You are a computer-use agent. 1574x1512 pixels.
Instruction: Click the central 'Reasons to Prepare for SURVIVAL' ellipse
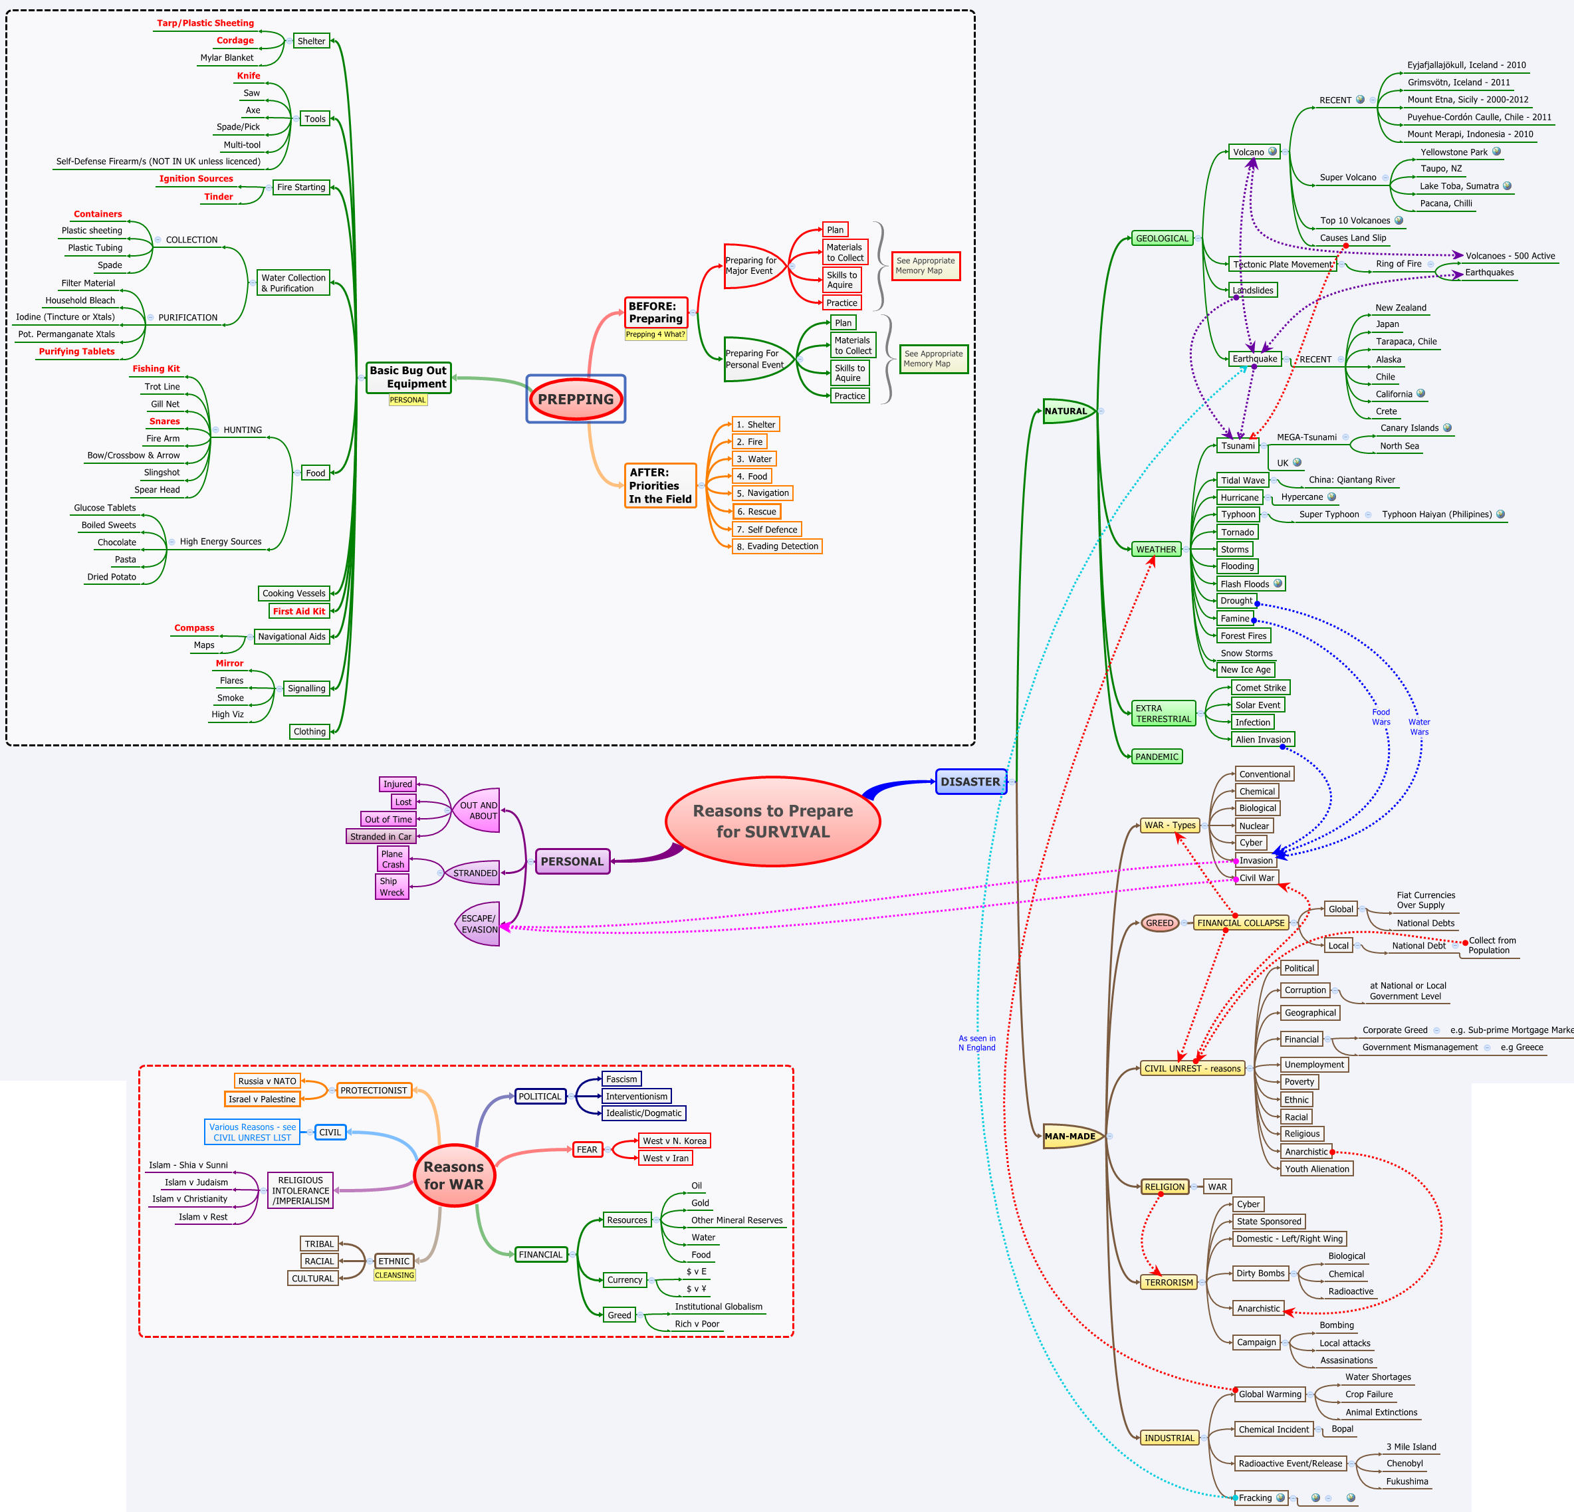[x=772, y=821]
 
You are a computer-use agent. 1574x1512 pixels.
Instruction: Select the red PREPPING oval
[x=576, y=399]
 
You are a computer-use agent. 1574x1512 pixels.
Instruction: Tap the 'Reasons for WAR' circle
[x=454, y=1176]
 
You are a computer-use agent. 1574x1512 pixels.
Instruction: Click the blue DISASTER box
[x=970, y=782]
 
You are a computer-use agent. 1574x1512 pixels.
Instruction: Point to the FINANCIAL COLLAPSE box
[x=1241, y=922]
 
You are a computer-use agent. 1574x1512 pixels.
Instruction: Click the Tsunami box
[x=1238, y=446]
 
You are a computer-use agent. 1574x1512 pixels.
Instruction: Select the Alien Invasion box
[x=1263, y=740]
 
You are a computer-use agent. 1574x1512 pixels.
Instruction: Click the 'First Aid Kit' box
[x=298, y=611]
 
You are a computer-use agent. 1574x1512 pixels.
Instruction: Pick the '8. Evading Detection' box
[x=778, y=546]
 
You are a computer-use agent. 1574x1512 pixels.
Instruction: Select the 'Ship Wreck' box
[x=392, y=887]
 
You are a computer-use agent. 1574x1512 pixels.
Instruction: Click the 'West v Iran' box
[x=665, y=1158]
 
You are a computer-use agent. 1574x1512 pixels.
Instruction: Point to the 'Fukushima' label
[x=1407, y=1481]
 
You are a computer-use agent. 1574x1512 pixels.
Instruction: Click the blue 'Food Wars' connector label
[x=1381, y=717]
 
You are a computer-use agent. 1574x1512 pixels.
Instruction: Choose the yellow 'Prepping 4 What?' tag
[x=655, y=335]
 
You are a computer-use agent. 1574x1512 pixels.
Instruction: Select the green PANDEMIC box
[x=1157, y=756]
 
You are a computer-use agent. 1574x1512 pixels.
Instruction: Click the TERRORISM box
[x=1169, y=1282]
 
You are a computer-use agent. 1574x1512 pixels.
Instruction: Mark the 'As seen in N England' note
[x=976, y=1043]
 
